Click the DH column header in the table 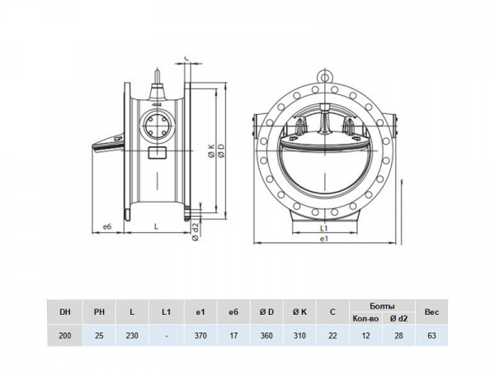pyautogui.click(x=65, y=312)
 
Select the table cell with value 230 pyautogui.click(x=132, y=336)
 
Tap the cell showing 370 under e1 pyautogui.click(x=200, y=336)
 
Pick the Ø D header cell pyautogui.click(x=266, y=312)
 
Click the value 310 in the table pyautogui.click(x=299, y=336)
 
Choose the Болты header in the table pyautogui.click(x=382, y=306)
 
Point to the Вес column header pyautogui.click(x=431, y=312)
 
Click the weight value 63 pyautogui.click(x=431, y=336)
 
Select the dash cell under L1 pyautogui.click(x=167, y=336)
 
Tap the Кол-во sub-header pyautogui.click(x=365, y=318)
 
